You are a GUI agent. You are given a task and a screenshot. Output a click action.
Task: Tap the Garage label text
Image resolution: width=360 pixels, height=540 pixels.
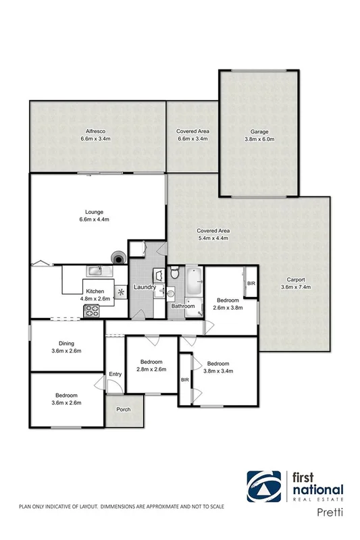click(x=261, y=131)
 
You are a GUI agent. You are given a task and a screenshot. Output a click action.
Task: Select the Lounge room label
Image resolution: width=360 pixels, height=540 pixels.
click(x=95, y=211)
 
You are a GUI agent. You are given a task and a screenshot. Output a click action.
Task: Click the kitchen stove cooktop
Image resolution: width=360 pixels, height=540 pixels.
click(x=91, y=311)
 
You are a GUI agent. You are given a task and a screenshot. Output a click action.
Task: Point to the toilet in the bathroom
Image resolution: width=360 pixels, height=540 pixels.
click(x=175, y=273)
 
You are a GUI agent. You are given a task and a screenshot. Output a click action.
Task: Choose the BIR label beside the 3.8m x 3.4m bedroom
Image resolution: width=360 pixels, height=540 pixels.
click(x=185, y=380)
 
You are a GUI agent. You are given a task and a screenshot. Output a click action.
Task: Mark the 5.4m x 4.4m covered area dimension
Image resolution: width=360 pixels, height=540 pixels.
click(x=213, y=238)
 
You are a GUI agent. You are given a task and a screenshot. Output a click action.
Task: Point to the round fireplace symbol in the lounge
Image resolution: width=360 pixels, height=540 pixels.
click(x=120, y=257)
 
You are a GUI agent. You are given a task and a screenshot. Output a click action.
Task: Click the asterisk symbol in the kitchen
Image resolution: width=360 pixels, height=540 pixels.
click(x=121, y=292)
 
